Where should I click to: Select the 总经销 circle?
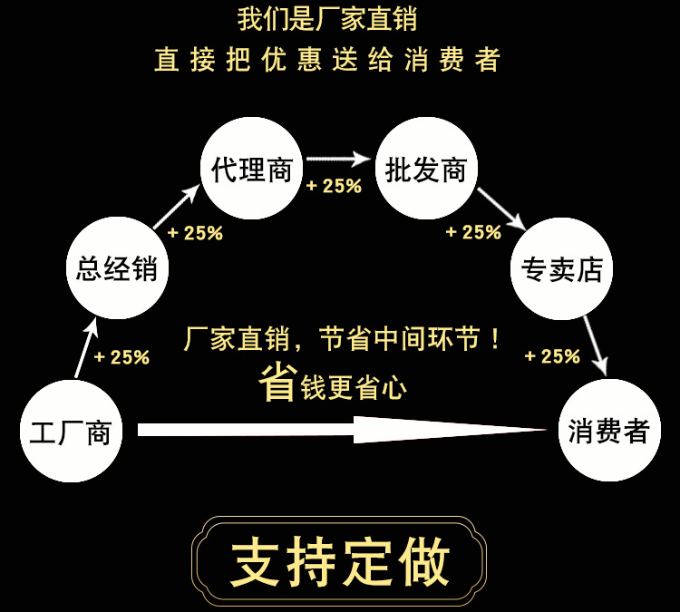pyautogui.click(x=117, y=268)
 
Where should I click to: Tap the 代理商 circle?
pyautogui.click(x=251, y=170)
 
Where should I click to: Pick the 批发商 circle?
pyautogui.click(x=425, y=170)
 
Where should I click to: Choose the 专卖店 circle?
pyautogui.click(x=562, y=268)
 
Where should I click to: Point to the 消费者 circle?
pyautogui.click(x=609, y=432)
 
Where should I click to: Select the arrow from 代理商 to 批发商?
pyautogui.click(x=339, y=160)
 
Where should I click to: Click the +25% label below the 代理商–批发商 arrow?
pyautogui.click(x=334, y=186)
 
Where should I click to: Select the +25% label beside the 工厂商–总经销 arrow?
pyautogui.click(x=121, y=357)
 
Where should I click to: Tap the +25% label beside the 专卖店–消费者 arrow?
pyautogui.click(x=552, y=356)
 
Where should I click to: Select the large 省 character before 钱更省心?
pyautogui.click(x=278, y=383)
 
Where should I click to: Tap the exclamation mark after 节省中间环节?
pyautogui.click(x=495, y=340)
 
